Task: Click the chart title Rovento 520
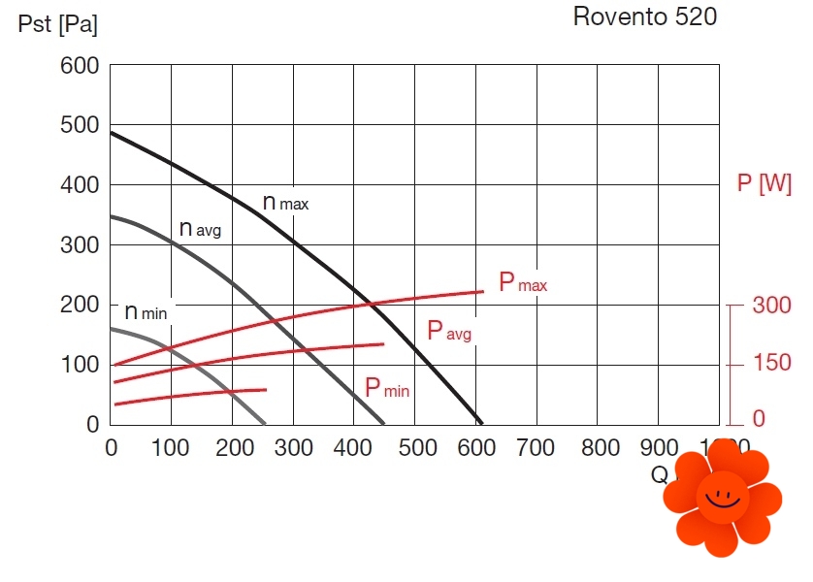pyautogui.click(x=645, y=16)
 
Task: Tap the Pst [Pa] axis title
pyautogui.click(x=58, y=24)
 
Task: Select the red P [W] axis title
pyautogui.click(x=764, y=184)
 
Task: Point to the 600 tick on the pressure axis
pyautogui.click(x=80, y=66)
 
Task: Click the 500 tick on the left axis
pyautogui.click(x=80, y=125)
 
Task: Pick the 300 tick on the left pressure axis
pyautogui.click(x=80, y=244)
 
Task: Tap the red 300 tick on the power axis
pyautogui.click(x=772, y=306)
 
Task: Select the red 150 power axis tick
pyautogui.click(x=772, y=365)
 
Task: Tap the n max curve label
pyautogui.click(x=285, y=203)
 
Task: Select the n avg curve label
pyautogui.click(x=201, y=229)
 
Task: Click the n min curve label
pyautogui.click(x=146, y=312)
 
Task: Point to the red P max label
pyautogui.click(x=523, y=283)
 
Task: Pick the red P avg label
pyautogui.click(x=449, y=331)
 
